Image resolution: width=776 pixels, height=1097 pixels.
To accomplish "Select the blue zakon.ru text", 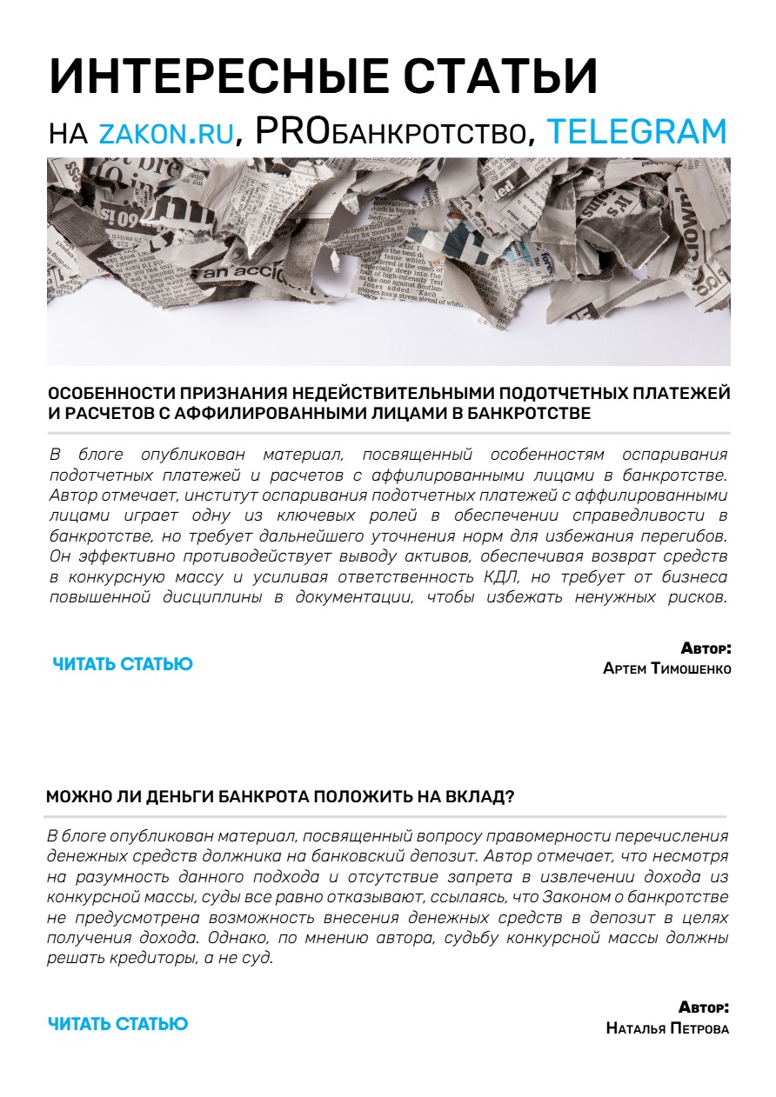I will click(x=167, y=132).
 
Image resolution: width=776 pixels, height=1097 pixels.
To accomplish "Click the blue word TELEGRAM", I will click(x=637, y=131).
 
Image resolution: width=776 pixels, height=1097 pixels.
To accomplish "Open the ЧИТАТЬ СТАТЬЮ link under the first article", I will click(x=123, y=664).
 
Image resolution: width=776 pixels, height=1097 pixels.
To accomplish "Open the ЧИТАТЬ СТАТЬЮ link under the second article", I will click(x=117, y=1024).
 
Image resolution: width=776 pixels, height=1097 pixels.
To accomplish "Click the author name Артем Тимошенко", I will click(x=666, y=668).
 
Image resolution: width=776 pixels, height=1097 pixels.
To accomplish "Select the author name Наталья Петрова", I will click(x=667, y=1028).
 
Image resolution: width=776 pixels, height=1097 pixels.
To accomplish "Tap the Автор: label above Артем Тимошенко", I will click(x=706, y=648).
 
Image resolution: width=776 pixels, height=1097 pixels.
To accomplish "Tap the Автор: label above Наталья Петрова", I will click(x=704, y=1008).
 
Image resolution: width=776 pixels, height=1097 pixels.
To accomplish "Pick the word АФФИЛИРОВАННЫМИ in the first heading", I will click(x=269, y=414).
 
